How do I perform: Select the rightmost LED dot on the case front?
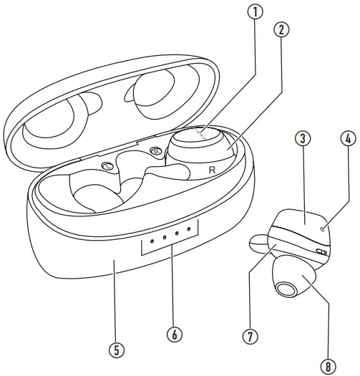pyautogui.click(x=189, y=229)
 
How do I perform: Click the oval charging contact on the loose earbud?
pyautogui.click(x=321, y=251)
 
